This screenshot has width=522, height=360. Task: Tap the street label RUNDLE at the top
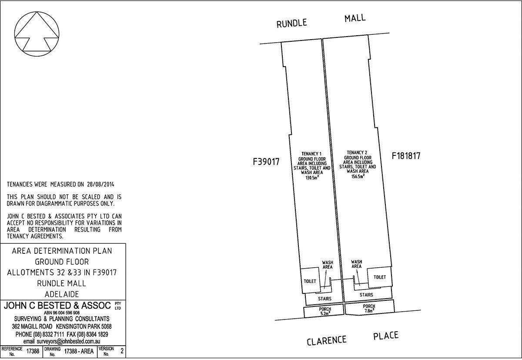[x=291, y=23]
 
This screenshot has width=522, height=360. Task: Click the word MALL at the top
[x=355, y=18]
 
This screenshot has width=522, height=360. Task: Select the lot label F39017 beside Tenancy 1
[x=266, y=162]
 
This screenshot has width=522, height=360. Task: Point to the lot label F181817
[x=406, y=156]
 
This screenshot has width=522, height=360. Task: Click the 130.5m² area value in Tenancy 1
[x=312, y=177]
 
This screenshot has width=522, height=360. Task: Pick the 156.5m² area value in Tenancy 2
[x=358, y=176]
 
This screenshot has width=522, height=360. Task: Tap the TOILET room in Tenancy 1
[x=310, y=281]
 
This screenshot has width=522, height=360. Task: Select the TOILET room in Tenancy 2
[x=380, y=277]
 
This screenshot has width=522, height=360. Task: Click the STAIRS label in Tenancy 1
[x=325, y=299]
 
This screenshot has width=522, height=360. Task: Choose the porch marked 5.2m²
[x=323, y=311]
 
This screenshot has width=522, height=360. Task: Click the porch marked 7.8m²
[x=369, y=308]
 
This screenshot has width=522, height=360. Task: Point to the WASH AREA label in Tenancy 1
[x=328, y=265]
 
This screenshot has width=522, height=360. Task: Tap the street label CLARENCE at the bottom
[x=327, y=340]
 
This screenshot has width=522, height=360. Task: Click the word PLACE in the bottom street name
[x=386, y=335]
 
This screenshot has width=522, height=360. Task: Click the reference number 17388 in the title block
[x=33, y=351]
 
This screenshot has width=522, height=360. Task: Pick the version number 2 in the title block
[x=121, y=351]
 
